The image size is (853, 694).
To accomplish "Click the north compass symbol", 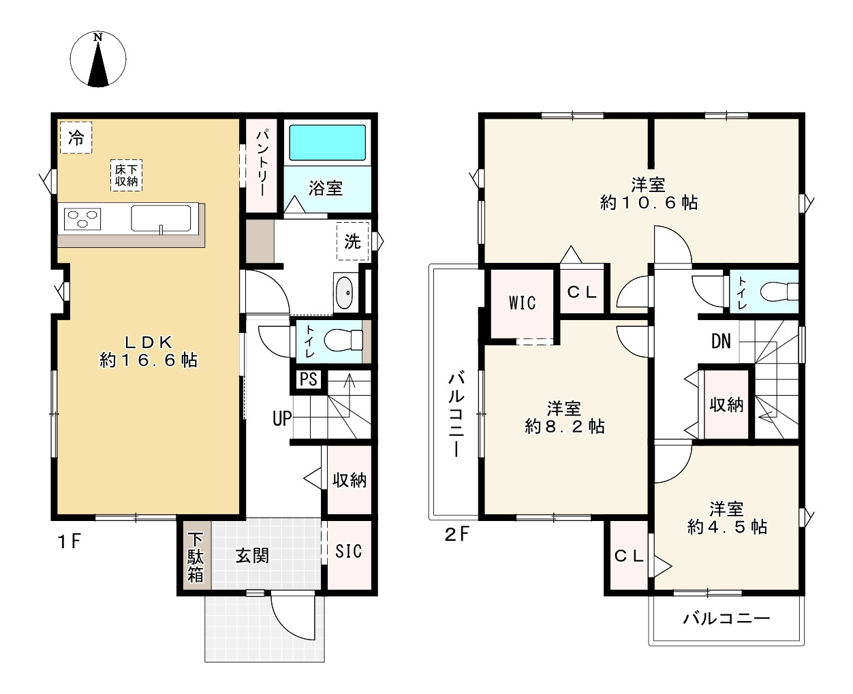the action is (x=98, y=59).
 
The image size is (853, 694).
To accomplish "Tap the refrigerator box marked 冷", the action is (x=76, y=138).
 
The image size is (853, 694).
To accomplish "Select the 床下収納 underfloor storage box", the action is (x=127, y=175).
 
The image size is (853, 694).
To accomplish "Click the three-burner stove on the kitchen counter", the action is (x=82, y=219).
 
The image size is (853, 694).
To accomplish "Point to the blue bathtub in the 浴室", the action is (x=327, y=143).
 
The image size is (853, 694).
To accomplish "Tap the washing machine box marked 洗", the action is (x=352, y=241).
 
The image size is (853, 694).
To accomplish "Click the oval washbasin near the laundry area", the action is (x=344, y=293).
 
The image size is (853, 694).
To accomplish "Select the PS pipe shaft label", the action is (x=309, y=379).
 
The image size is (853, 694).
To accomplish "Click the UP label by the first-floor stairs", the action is (x=282, y=419).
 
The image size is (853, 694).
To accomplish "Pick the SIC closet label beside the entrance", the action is (x=348, y=552).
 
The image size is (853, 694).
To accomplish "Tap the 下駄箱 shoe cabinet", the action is (x=196, y=556).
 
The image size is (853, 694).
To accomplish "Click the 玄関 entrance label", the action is (x=252, y=556).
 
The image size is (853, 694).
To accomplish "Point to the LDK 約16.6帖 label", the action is (x=149, y=351).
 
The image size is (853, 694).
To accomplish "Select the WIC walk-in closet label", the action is (x=522, y=303).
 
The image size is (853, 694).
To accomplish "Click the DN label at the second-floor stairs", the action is (x=721, y=341).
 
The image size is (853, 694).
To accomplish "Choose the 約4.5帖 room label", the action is (x=727, y=526).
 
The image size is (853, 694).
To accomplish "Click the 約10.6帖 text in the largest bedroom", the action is (x=649, y=202).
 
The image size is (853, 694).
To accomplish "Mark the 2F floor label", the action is (x=456, y=533).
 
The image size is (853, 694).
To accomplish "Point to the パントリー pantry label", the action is (x=262, y=163).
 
